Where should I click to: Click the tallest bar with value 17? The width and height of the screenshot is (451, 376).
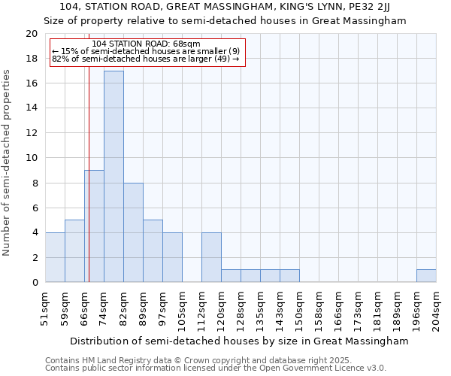pos(114,177)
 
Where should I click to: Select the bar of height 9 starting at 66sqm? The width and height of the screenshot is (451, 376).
pos(94,226)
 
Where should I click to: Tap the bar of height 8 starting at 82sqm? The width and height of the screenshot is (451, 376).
pos(133,232)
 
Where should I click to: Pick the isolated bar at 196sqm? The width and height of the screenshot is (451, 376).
pos(426,276)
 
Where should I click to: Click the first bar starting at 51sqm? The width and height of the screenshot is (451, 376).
pos(55,257)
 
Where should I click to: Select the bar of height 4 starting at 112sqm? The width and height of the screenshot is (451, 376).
pos(211,257)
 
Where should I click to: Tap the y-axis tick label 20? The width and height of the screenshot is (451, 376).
pos(31,34)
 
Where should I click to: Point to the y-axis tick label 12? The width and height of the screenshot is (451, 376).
pos(31,133)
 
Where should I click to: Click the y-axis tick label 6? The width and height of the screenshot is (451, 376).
pos(34,208)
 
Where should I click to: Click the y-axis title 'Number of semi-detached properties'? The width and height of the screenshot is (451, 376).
pos(8,162)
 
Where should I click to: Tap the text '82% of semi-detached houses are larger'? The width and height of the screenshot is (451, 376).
pos(145,59)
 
